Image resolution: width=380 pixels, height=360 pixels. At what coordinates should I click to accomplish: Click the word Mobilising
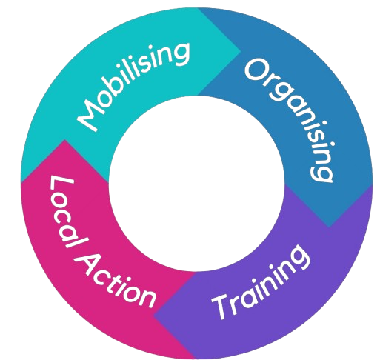coord(133,86)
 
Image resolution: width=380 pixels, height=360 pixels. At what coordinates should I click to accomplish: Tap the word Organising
coord(290,120)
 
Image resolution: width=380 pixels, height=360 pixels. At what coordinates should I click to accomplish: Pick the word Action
coord(118,279)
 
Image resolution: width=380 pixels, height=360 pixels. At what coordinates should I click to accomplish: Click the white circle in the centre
coord(196,184)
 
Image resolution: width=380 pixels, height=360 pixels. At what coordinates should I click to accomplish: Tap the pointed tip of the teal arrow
coord(241,52)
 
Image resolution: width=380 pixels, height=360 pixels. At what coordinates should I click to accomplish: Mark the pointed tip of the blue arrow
coord(329,227)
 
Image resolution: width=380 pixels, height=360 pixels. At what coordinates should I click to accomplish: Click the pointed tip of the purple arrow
coord(154,315)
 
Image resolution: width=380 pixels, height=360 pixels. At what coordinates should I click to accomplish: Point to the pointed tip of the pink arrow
coord(64,140)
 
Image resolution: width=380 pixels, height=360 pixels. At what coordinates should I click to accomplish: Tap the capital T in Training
coord(221,307)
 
